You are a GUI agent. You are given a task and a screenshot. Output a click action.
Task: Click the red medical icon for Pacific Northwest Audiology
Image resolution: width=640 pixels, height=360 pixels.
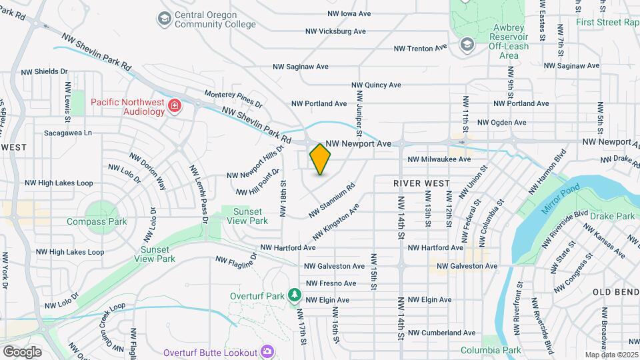pos(175,107)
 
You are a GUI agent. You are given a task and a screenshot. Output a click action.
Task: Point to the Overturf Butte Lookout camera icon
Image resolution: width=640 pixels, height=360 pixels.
pos(267,351)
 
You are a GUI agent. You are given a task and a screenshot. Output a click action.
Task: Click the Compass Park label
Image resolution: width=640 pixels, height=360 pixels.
pos(97,221)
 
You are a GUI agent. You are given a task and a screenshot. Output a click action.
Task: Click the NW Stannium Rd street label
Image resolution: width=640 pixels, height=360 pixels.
pos(331,201)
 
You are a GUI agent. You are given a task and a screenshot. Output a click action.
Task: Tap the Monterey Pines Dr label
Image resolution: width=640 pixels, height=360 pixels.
pos(233,99)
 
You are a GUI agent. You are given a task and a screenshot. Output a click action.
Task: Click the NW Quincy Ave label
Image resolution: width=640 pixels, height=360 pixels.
pos(377,85)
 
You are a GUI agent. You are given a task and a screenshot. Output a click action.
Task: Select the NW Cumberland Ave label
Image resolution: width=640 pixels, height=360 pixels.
pos(441,333)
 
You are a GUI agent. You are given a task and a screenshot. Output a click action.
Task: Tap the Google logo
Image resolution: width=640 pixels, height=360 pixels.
pos(22,351)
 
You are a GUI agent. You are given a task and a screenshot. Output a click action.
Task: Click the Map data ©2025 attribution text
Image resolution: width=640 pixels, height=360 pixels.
pos(611,355)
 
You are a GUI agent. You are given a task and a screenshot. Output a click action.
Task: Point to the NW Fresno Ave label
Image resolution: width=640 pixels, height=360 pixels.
pos(331,283)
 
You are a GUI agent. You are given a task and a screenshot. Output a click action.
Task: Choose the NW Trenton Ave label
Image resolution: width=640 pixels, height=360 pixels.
pos(420,49)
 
